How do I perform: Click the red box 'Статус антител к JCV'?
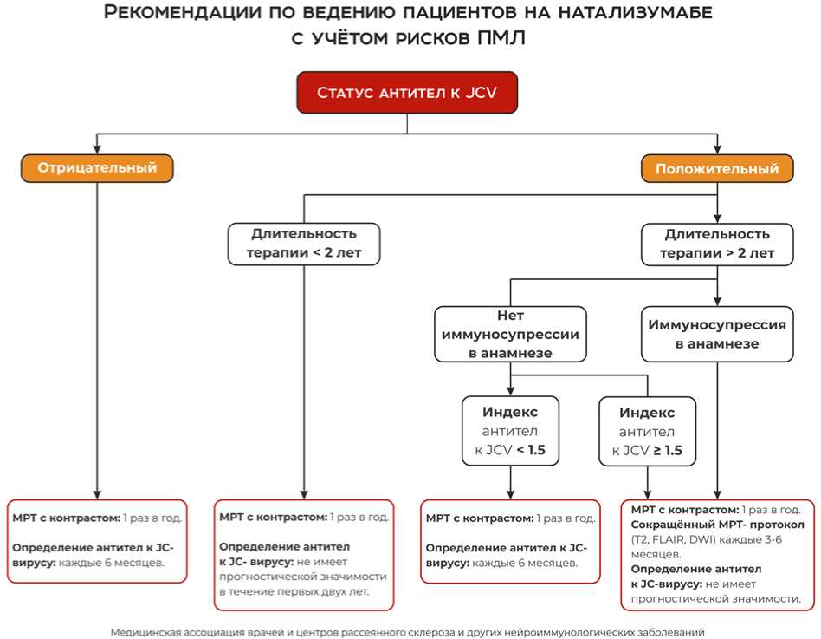coord(407,93)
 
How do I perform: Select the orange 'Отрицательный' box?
coord(96,168)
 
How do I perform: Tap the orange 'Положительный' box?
coord(716,168)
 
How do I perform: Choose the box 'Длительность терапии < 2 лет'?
coord(304,245)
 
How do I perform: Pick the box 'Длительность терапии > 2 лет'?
coord(716,245)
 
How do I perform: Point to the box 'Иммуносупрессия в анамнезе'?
coord(717,334)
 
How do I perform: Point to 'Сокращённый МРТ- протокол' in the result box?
coord(718,525)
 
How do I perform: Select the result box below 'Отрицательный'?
coord(97,540)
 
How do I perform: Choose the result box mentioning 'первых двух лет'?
coord(304,554)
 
